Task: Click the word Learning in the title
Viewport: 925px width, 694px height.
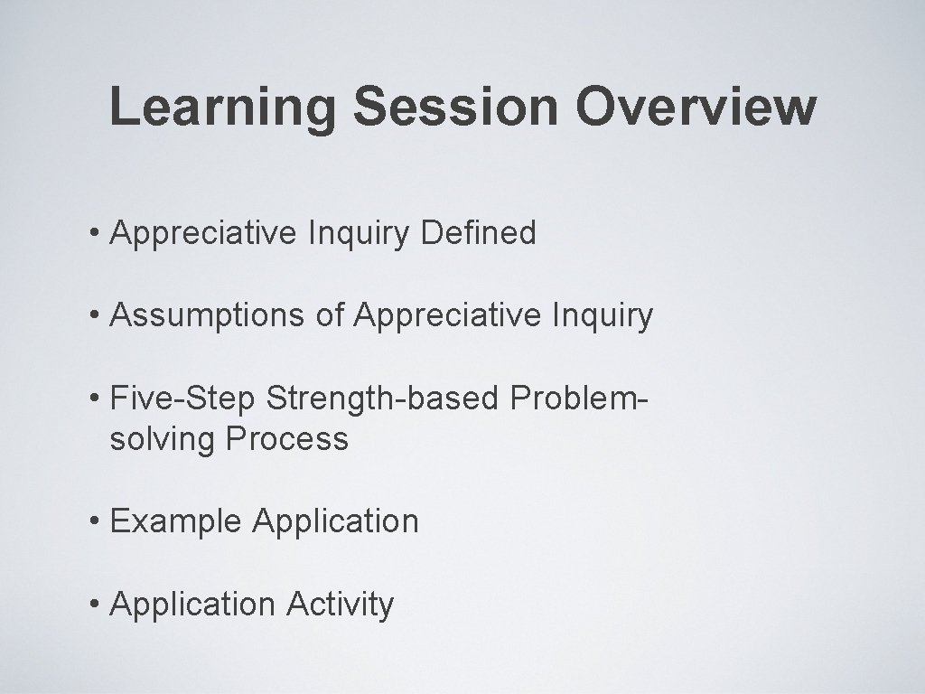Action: (x=223, y=108)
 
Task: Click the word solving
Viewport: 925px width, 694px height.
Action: (x=164, y=440)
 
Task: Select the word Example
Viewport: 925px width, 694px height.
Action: (x=177, y=522)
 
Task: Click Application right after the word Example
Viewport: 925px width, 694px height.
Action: (x=336, y=522)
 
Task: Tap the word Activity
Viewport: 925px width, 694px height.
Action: (x=341, y=605)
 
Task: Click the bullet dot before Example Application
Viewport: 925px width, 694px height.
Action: (x=96, y=522)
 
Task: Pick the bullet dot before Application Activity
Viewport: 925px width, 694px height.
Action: (x=96, y=605)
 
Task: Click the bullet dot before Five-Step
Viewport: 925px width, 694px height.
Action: (x=96, y=399)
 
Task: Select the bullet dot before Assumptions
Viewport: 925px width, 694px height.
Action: (x=96, y=315)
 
